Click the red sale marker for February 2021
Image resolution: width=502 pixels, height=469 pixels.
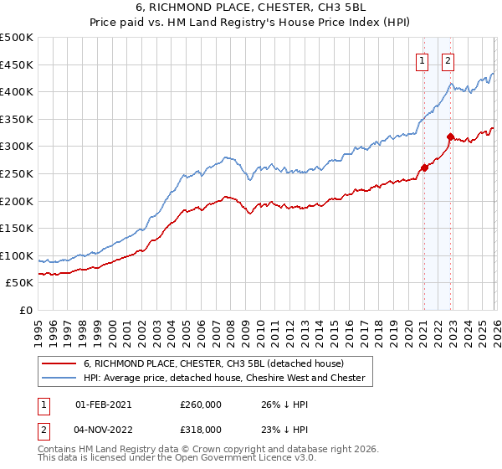tap(424, 167)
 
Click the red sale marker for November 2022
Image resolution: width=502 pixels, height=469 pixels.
tap(450, 137)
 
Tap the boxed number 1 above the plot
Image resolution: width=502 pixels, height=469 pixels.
tap(423, 60)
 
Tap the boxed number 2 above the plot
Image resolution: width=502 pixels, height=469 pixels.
tap(448, 60)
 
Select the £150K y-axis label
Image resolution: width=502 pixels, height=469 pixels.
tap(17, 229)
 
